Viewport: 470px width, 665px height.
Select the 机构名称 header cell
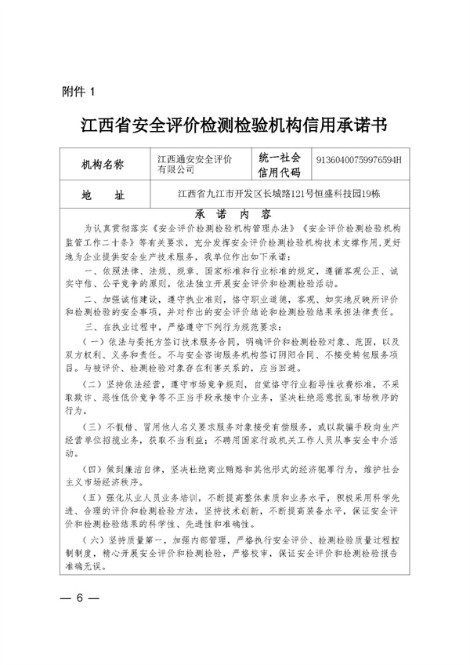coord(109,165)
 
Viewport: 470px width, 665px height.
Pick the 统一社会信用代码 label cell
coord(280,165)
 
